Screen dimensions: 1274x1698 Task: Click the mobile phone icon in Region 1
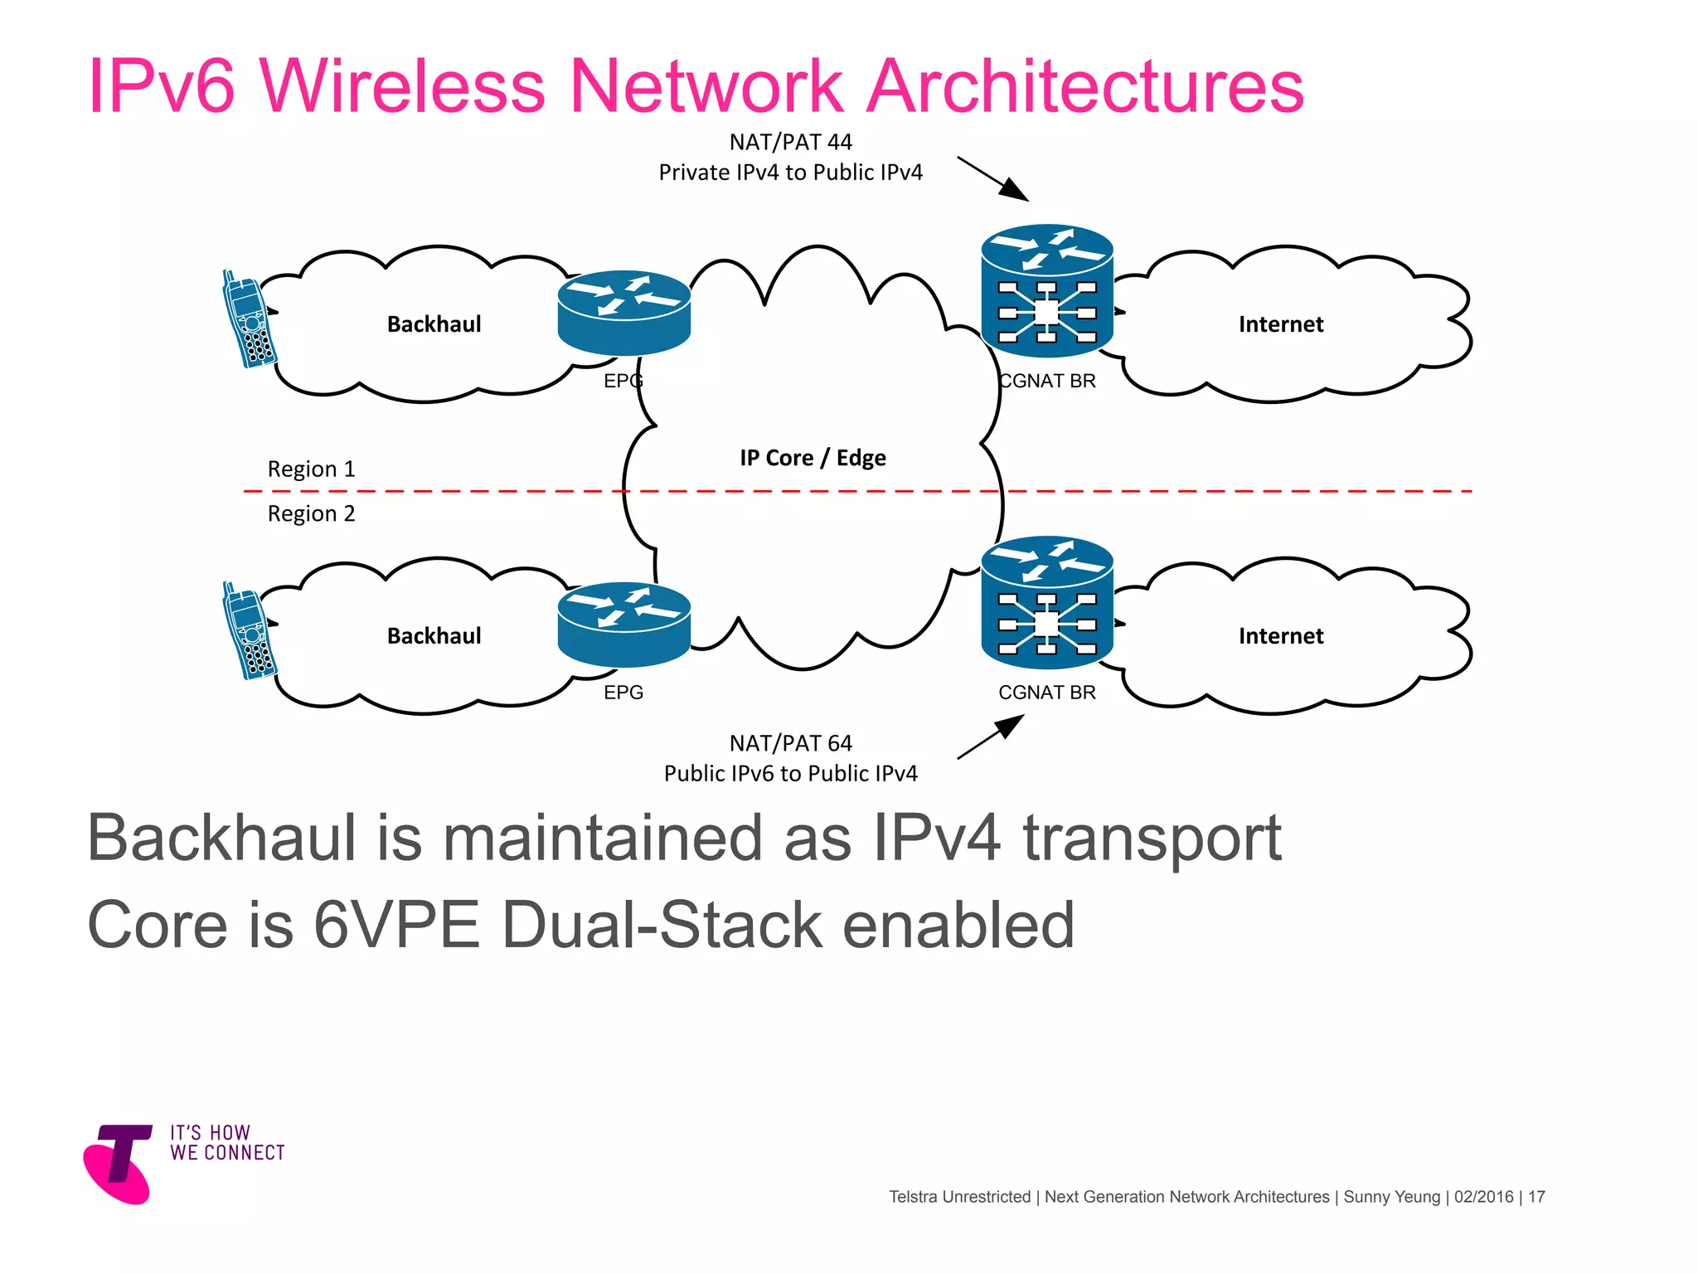click(249, 319)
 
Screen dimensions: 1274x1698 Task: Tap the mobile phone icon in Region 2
click(249, 631)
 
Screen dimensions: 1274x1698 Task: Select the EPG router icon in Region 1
click(623, 314)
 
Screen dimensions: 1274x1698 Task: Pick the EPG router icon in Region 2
click(623, 625)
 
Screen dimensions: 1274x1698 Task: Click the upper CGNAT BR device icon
click(1046, 290)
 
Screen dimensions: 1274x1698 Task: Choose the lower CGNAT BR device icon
click(1046, 602)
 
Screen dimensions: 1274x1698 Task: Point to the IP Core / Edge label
click(813, 458)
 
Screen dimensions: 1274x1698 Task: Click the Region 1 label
click(311, 469)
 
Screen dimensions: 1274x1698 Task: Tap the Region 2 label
click(311, 514)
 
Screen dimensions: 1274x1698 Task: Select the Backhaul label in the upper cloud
click(434, 324)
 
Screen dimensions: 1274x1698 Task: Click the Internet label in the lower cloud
click(1280, 636)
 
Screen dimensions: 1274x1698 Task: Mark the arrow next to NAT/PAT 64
click(991, 737)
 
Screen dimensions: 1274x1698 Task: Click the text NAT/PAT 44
click(790, 143)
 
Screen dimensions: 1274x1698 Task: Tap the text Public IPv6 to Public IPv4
click(790, 774)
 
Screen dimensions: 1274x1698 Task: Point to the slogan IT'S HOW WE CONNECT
click(227, 1143)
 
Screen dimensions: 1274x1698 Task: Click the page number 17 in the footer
click(1536, 1197)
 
